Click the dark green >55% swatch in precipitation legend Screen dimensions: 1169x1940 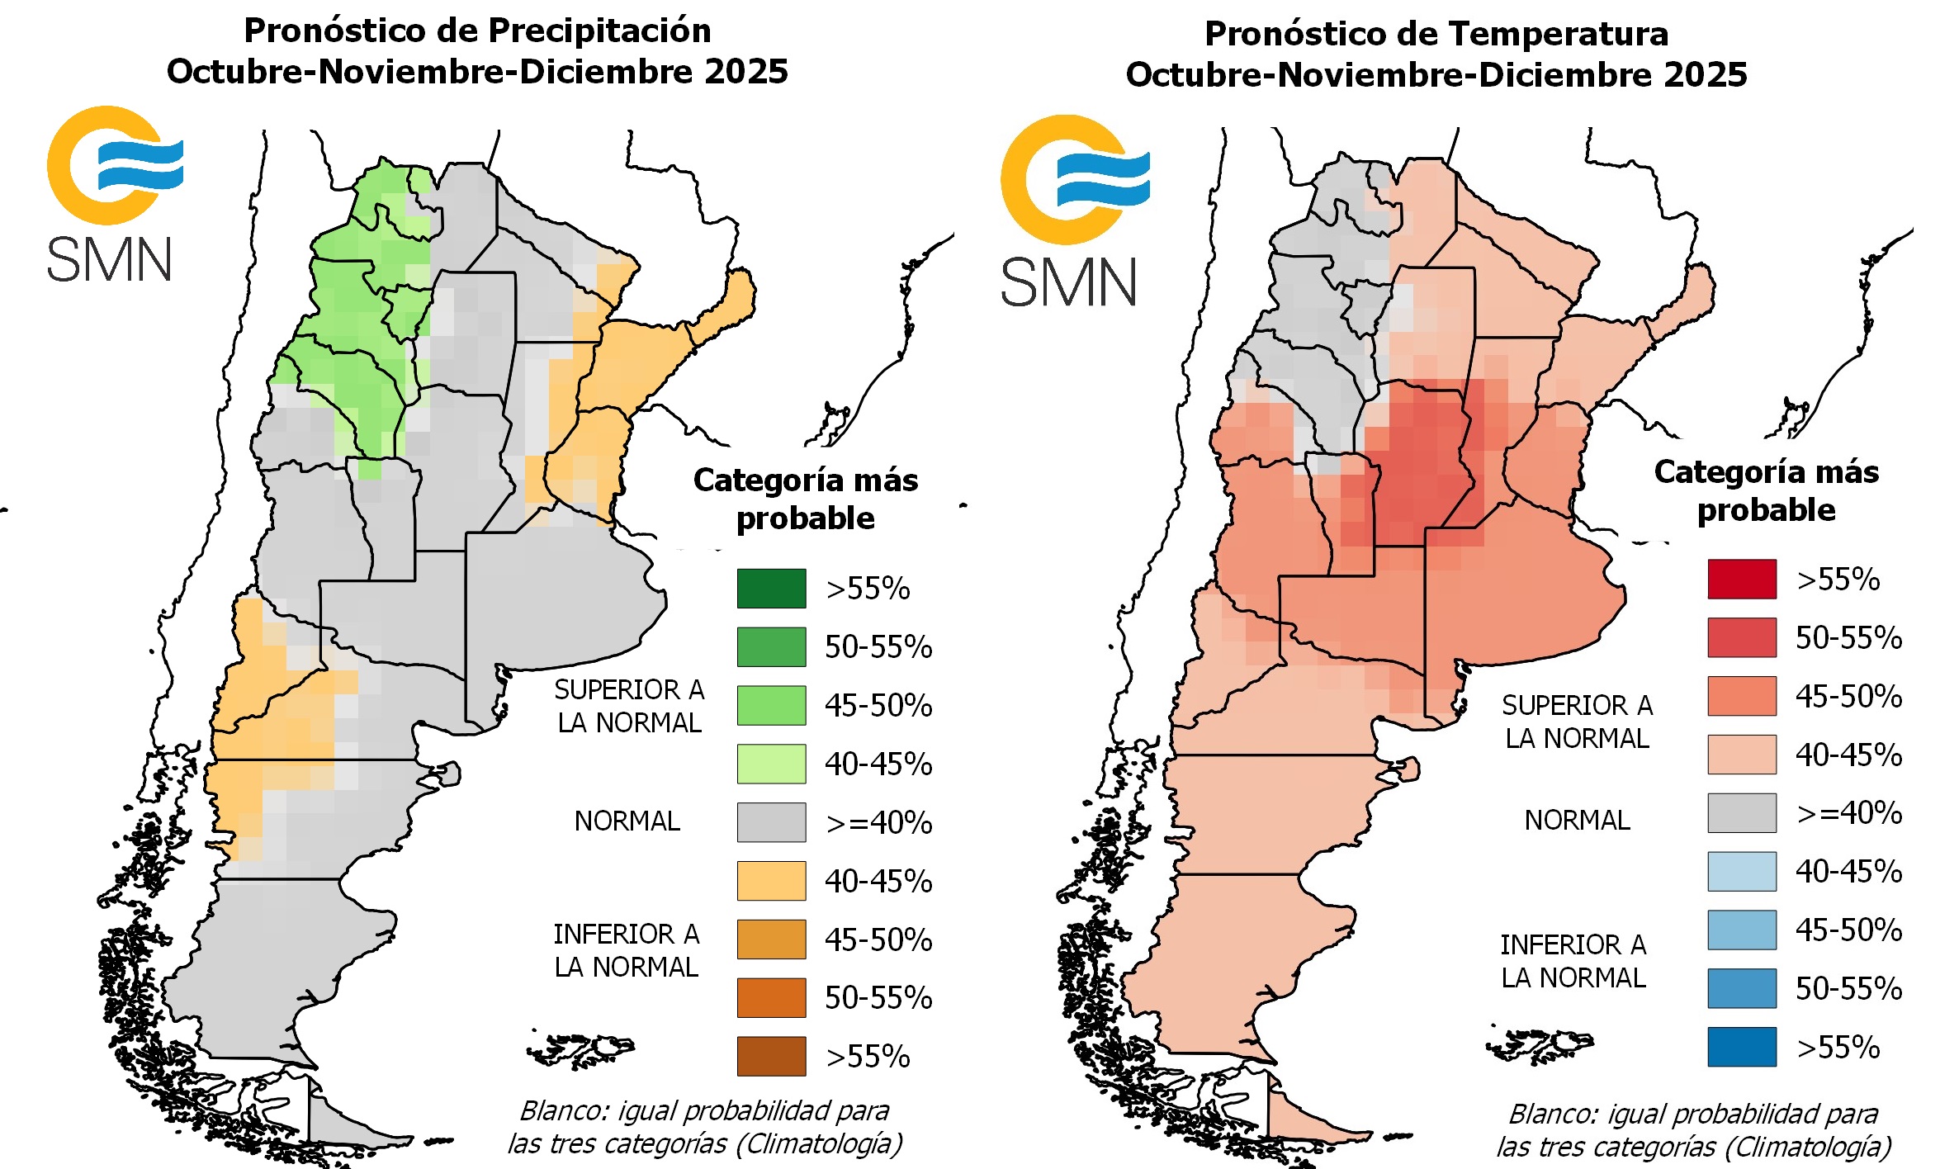click(x=771, y=589)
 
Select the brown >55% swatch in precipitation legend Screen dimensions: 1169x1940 click(x=771, y=1056)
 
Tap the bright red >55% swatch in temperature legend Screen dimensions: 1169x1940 click(x=1742, y=579)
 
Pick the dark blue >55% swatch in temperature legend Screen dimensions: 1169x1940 click(x=1742, y=1047)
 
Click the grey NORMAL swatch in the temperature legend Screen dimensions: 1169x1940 click(x=1742, y=813)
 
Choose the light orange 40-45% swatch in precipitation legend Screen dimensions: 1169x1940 click(x=771, y=881)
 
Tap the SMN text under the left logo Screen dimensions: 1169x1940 click(x=109, y=260)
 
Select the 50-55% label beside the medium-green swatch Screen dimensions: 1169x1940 click(x=878, y=647)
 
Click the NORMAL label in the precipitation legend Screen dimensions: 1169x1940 click(x=627, y=821)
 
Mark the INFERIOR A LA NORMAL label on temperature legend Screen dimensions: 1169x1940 click(x=1573, y=961)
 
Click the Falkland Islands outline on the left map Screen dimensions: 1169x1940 click(x=580, y=1050)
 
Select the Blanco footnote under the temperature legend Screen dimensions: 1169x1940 click(x=1693, y=1130)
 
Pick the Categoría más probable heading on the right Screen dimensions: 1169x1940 click(x=1766, y=490)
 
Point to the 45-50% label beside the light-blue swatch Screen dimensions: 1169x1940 click(x=1848, y=930)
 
